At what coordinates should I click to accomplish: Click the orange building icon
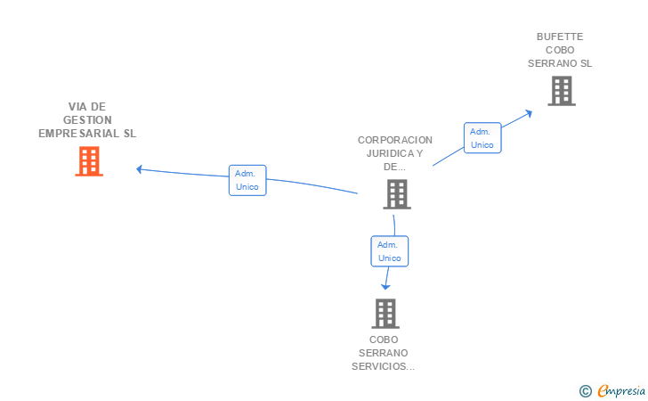[88, 161]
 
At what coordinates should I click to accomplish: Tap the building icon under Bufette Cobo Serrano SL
[561, 91]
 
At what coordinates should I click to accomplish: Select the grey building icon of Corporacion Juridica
[396, 193]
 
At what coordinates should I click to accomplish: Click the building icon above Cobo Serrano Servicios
[385, 313]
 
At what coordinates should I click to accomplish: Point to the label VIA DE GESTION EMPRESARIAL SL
[87, 119]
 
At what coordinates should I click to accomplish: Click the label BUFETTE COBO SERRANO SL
[559, 50]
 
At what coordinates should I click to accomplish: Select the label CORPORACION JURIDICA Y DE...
[394, 152]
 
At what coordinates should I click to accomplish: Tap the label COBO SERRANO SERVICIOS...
[384, 352]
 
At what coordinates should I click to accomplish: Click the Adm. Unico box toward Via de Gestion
[247, 180]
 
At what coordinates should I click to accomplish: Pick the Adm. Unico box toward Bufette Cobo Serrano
[482, 137]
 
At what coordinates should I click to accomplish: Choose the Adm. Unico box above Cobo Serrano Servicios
[389, 251]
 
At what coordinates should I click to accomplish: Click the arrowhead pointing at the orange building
[140, 168]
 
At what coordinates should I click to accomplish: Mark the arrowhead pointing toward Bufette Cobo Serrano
[529, 112]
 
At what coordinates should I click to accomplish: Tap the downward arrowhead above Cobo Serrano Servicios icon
[385, 286]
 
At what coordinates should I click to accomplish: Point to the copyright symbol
[585, 390]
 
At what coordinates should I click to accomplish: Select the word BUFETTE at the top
[559, 37]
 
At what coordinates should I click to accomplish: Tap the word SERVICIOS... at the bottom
[384, 365]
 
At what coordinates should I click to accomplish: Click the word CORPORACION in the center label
[394, 140]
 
